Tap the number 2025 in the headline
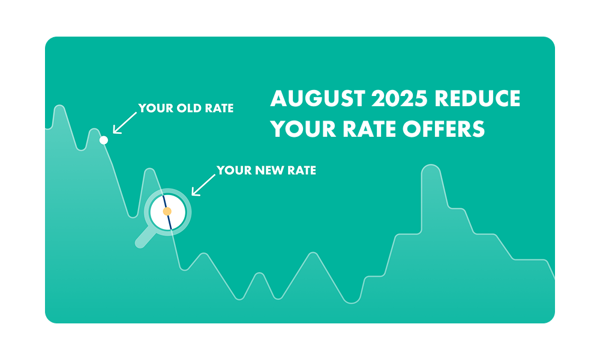[x=399, y=98]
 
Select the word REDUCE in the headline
[x=477, y=98]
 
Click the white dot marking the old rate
[x=103, y=140]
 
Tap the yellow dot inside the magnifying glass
[x=167, y=211]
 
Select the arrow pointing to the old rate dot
[x=125, y=123]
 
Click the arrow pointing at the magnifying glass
[x=203, y=185]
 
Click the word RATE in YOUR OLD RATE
[x=219, y=108]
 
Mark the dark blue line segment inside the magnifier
[x=167, y=212]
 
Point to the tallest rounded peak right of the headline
[x=431, y=166]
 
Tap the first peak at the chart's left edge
[x=59, y=106]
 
